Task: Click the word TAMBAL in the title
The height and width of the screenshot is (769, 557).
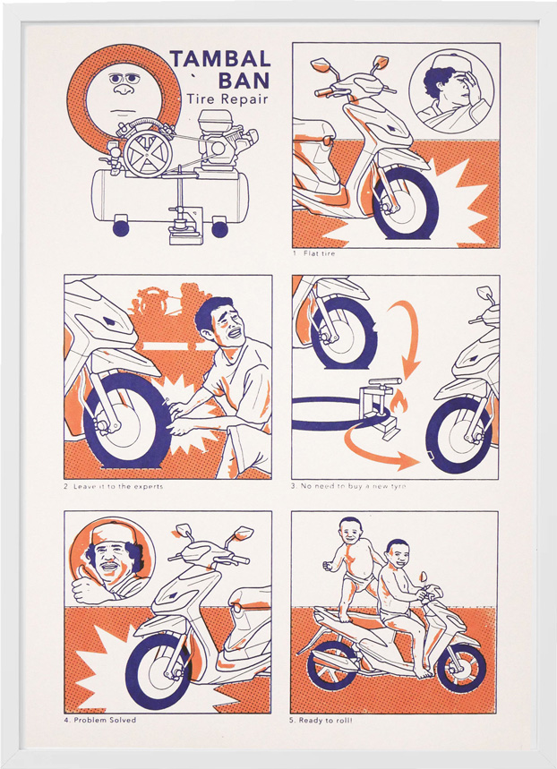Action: (220, 59)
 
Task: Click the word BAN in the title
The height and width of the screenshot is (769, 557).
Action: (244, 80)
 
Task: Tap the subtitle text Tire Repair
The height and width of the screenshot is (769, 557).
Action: (227, 98)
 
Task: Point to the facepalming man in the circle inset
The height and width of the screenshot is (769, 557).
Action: (451, 93)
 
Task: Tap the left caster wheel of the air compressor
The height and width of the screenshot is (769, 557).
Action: (120, 228)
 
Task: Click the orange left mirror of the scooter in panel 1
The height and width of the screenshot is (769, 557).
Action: (320, 64)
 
